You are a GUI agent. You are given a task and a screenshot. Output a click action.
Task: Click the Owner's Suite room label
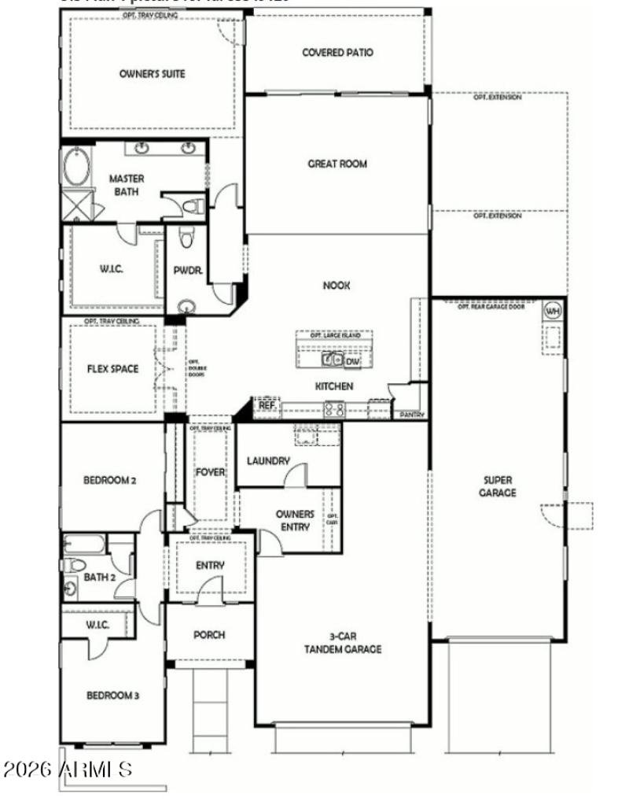[152, 74]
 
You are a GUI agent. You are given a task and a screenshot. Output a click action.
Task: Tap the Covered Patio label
[337, 53]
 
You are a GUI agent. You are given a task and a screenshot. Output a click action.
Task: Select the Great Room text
[337, 164]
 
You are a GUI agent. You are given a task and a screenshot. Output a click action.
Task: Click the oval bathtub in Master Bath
[76, 167]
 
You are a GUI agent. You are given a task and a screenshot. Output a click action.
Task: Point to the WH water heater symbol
[553, 309]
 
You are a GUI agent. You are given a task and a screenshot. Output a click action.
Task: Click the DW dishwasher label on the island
[352, 361]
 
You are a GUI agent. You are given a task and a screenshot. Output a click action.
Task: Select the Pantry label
[412, 415]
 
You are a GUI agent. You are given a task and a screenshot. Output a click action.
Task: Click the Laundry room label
[268, 461]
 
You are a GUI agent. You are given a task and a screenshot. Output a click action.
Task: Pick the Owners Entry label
[295, 520]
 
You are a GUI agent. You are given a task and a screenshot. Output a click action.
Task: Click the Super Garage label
[499, 486]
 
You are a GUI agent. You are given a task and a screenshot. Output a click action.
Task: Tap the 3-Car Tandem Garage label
[344, 643]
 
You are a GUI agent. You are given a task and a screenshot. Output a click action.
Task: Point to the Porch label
[209, 635]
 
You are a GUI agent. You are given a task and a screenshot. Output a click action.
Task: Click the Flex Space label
[112, 368]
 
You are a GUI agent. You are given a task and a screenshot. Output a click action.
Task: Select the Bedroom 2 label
[111, 479]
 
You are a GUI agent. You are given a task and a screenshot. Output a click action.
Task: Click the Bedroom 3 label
[112, 696]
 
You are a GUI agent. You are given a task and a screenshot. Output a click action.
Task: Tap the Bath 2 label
[100, 577]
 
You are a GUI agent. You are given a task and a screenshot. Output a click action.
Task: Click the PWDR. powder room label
[188, 270]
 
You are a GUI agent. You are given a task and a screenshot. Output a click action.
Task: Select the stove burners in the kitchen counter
[334, 408]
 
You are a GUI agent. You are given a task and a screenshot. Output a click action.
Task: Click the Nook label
[337, 286]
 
